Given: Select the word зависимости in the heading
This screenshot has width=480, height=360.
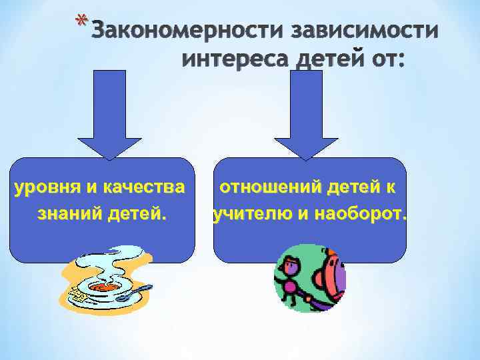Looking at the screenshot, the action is click(x=364, y=32).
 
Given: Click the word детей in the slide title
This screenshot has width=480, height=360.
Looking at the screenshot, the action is click(x=329, y=61).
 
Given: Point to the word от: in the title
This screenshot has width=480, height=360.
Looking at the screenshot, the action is click(x=385, y=61).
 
